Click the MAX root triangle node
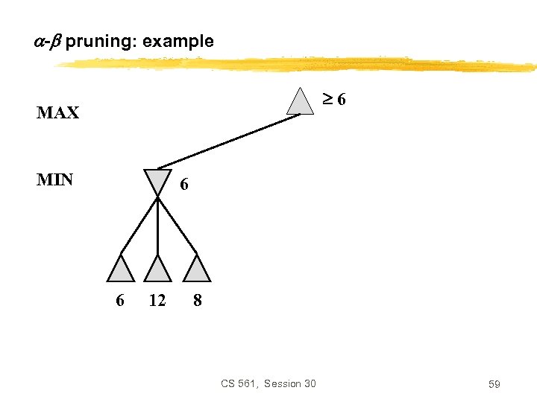click(301, 102)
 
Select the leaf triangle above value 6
click(120, 269)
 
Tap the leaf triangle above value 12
click(157, 269)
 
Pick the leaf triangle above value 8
click(198, 269)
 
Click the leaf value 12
click(157, 300)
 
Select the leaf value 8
click(197, 300)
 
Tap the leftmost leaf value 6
click(120, 300)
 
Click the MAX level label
click(57, 113)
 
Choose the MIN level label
click(54, 179)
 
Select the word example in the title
click(178, 41)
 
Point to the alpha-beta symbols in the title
click(47, 41)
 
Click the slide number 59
click(494, 384)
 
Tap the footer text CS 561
click(237, 383)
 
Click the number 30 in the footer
click(308, 383)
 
